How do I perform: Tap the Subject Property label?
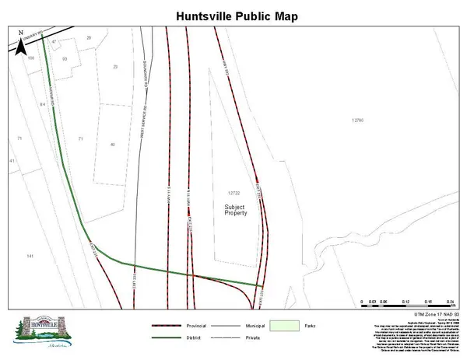coord(235,209)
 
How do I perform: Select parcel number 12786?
coord(358,120)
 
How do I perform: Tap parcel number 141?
coord(30,256)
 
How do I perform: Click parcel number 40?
coord(113,145)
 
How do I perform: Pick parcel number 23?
coord(115,67)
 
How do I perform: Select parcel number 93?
coord(65,58)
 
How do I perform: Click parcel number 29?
coord(89,38)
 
